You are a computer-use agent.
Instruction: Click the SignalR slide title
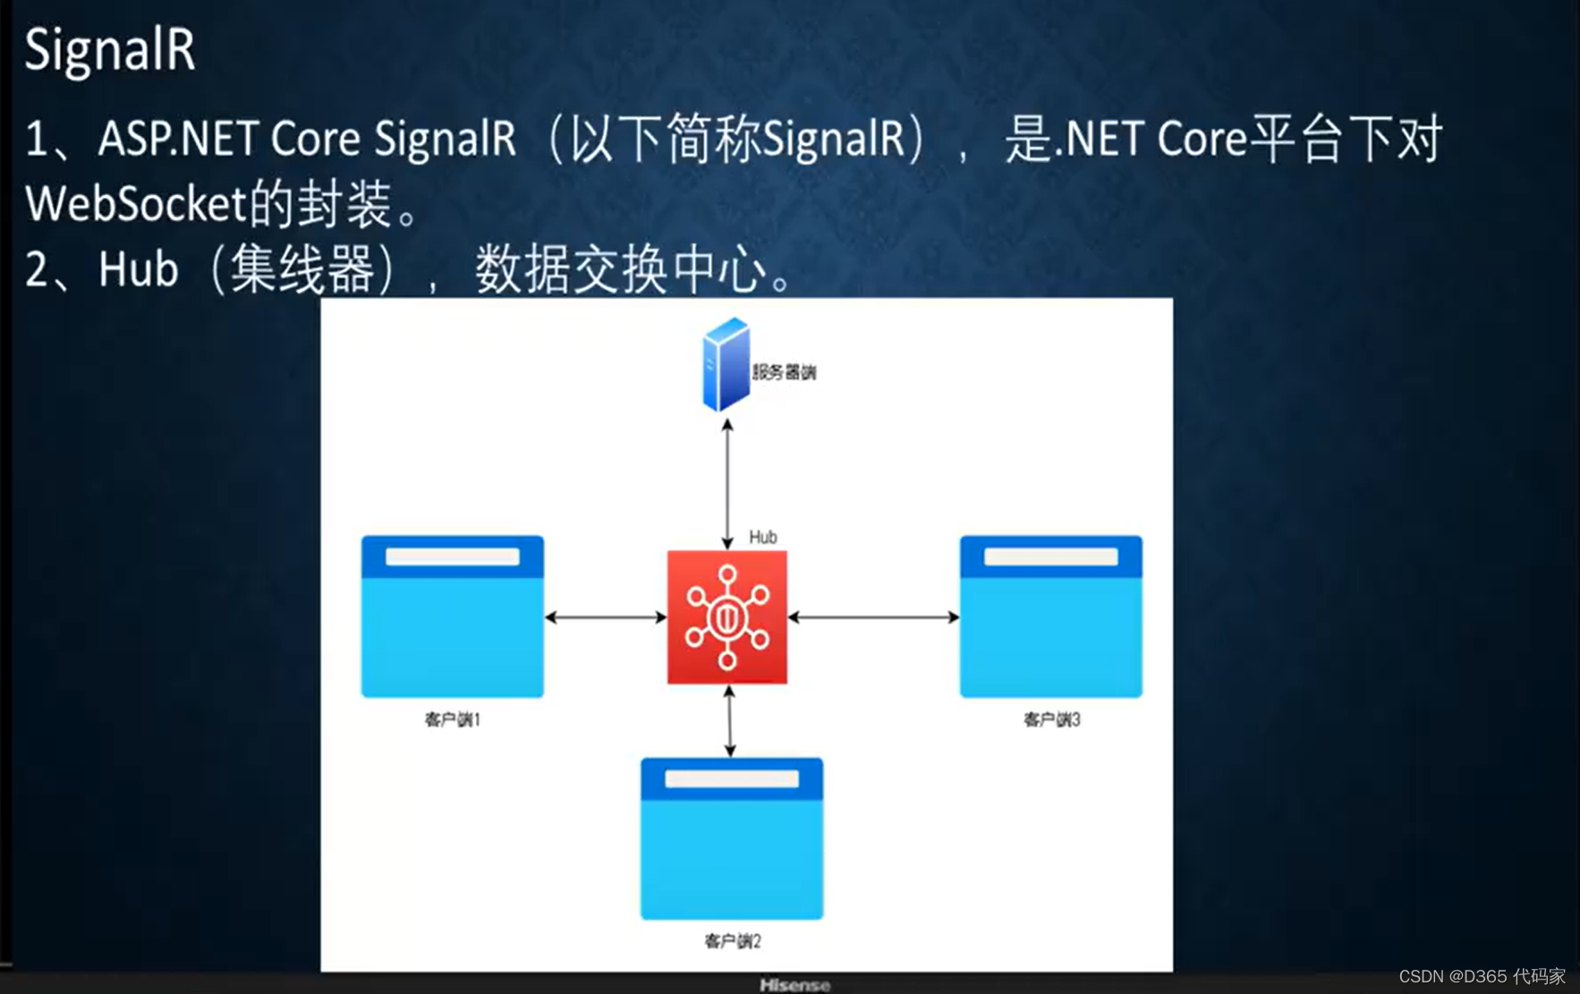tap(109, 49)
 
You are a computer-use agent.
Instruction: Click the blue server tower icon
tap(726, 364)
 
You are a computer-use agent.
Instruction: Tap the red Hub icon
tap(726, 617)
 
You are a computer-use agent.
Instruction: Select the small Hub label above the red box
tap(762, 537)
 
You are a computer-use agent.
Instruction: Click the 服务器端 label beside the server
tap(784, 372)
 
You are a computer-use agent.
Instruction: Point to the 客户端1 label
tap(452, 719)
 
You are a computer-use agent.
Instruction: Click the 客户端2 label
tap(732, 941)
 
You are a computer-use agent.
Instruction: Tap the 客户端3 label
tap(1051, 719)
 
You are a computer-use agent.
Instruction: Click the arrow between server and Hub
tap(727, 483)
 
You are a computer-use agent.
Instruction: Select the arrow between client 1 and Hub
tap(606, 617)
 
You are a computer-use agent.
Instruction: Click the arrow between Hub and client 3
tap(873, 617)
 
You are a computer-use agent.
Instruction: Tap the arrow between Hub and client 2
tap(730, 721)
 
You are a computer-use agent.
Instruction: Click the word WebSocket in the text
tap(135, 204)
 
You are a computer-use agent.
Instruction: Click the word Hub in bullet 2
tap(138, 269)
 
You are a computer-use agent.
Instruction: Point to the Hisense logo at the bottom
tap(794, 985)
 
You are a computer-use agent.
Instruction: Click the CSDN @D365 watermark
tap(1482, 976)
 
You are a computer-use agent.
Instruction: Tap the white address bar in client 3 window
tap(1050, 557)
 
